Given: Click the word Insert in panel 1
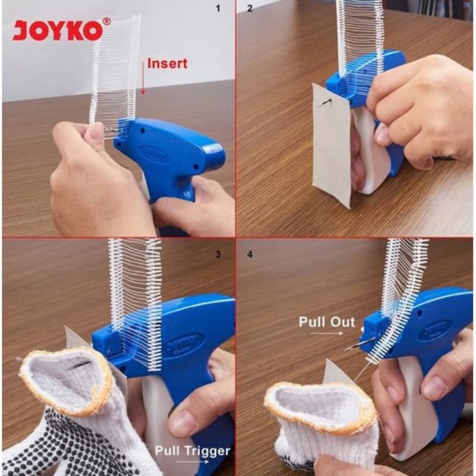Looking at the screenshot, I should click(167, 63).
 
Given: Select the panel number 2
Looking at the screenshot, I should click(250, 9).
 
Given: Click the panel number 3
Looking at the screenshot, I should click(218, 254).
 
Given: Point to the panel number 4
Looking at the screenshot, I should click(250, 254).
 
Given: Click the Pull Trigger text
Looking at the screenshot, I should click(192, 450).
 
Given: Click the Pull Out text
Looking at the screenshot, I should click(327, 323).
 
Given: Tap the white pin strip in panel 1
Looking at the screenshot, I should click(116, 65).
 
